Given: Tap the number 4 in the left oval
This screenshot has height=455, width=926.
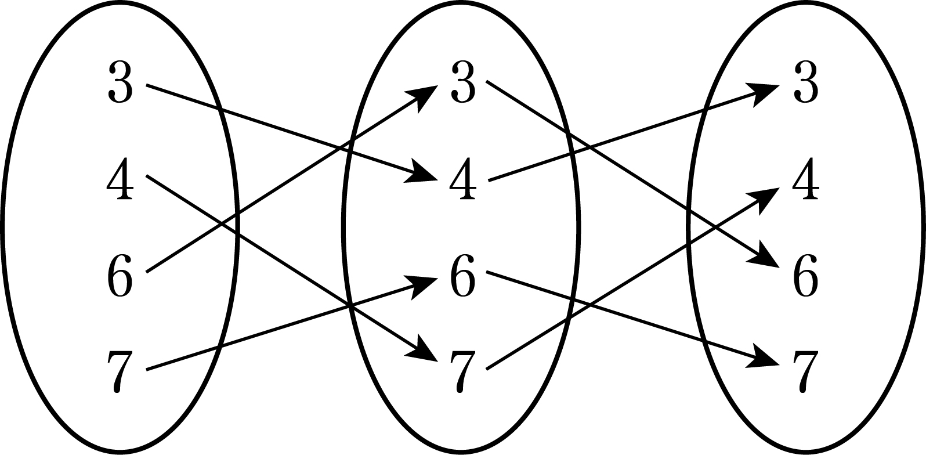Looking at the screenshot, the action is click(x=120, y=179).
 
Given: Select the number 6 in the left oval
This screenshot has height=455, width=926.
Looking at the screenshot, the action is click(x=120, y=276).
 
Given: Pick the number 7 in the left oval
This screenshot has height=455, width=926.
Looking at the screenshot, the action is click(x=120, y=371).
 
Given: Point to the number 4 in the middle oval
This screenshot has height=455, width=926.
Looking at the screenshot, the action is click(x=463, y=179).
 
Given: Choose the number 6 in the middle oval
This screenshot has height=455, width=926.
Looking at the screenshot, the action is click(x=463, y=276).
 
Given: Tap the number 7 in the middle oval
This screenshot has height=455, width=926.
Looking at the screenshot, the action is click(x=462, y=371).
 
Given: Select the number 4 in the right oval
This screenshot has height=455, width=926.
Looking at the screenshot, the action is click(x=806, y=179).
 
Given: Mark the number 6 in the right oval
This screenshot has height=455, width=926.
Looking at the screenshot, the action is click(x=806, y=276).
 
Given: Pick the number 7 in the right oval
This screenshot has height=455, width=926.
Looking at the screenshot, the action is click(x=805, y=371).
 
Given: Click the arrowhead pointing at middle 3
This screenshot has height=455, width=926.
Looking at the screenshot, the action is click(x=426, y=96).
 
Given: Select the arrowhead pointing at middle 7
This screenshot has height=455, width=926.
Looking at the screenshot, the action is click(x=425, y=352).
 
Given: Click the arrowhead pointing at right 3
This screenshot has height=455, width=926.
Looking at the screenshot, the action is click(x=766, y=92).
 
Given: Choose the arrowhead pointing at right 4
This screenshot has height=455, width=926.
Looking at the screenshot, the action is click(x=768, y=198).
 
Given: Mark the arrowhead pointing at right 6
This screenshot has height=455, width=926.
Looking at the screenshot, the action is click(x=768, y=257).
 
